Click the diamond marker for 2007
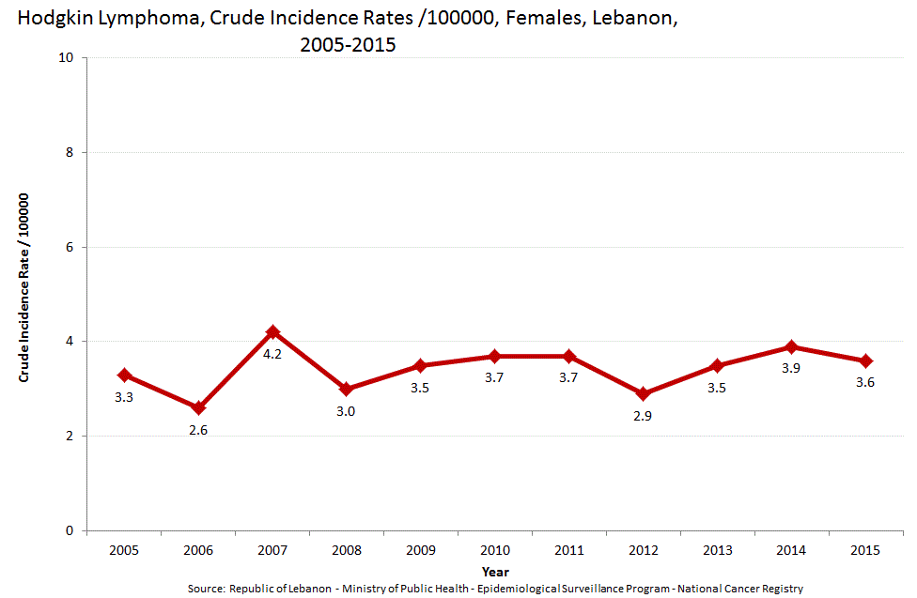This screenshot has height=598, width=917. (x=272, y=332)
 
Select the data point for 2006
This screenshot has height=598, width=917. (x=198, y=407)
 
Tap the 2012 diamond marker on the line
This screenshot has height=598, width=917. (x=643, y=393)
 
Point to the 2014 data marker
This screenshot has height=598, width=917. (x=791, y=346)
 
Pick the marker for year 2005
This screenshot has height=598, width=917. (x=124, y=375)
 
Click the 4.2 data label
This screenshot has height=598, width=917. (x=272, y=354)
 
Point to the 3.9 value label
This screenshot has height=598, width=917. (x=791, y=368)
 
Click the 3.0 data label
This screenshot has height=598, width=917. (x=346, y=410)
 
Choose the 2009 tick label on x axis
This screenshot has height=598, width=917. (x=420, y=550)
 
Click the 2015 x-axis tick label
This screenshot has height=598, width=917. (x=864, y=550)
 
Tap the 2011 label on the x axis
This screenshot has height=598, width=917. (x=568, y=550)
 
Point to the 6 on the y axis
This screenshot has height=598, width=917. (x=71, y=247)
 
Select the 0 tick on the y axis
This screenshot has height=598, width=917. (x=71, y=531)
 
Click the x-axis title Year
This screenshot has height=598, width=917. (x=495, y=571)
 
